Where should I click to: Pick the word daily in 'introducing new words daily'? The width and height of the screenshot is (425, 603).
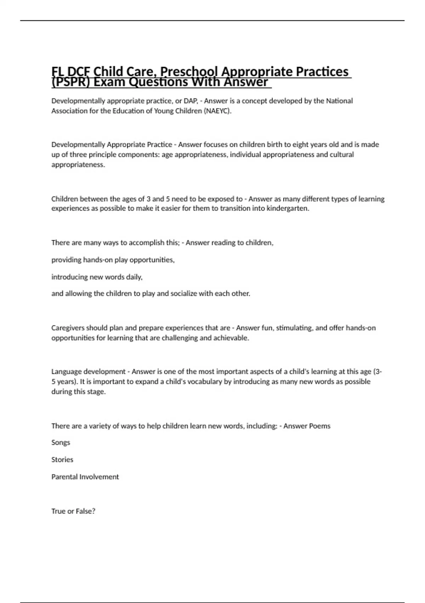click(134, 277)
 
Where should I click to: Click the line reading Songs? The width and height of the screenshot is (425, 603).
click(61, 443)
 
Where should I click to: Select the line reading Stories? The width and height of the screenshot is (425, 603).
click(62, 460)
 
